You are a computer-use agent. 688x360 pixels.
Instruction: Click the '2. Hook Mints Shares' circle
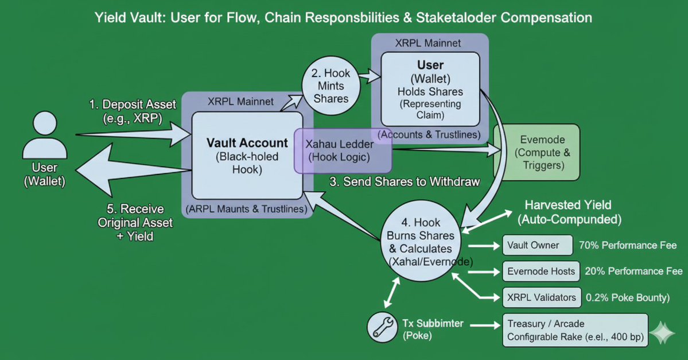pyautogui.click(x=331, y=86)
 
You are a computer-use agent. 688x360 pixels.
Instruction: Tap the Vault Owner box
pyautogui.click(x=538, y=245)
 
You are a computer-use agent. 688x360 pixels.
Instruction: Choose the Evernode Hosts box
pyautogui.click(x=541, y=271)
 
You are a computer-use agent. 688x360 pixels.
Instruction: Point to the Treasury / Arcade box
pyautogui.click(x=575, y=330)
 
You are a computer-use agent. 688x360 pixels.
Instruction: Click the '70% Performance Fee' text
pyautogui.click(x=628, y=245)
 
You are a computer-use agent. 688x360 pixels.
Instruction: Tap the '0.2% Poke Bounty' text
pyautogui.click(x=628, y=297)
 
